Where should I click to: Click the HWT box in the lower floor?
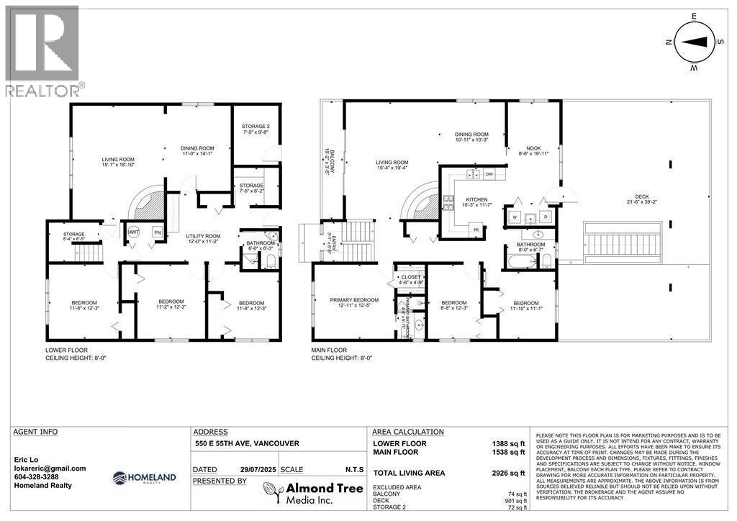tap(134, 232)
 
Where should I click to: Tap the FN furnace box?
tap(158, 232)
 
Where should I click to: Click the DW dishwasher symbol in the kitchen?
tap(489, 174)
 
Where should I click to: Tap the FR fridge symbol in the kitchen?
tap(476, 230)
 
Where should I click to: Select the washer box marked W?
tap(515, 216)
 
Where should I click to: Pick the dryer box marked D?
tap(545, 216)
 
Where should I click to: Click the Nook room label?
tap(533, 149)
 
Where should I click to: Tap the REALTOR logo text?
tap(44, 90)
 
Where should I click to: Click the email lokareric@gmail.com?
tap(50, 468)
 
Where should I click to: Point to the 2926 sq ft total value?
tap(510, 473)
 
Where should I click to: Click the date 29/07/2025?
tap(258, 468)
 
